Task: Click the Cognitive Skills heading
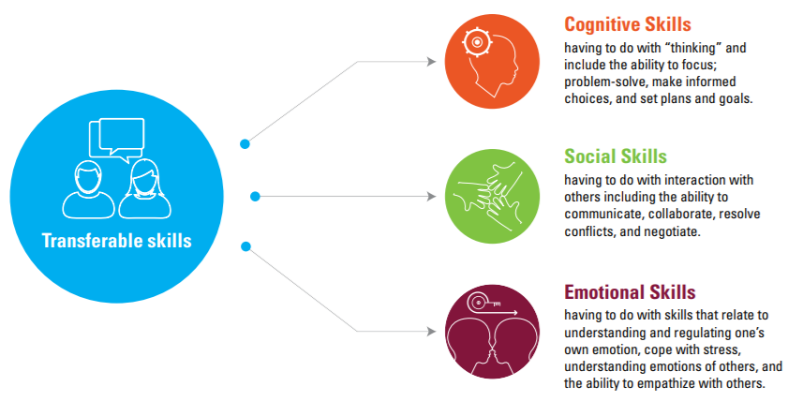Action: pyautogui.click(x=628, y=24)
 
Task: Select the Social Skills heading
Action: pyautogui.click(x=616, y=156)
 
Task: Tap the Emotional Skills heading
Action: pyautogui.click(x=630, y=292)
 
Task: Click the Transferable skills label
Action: pyautogui.click(x=117, y=241)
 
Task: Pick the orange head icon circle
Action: pyautogui.click(x=492, y=62)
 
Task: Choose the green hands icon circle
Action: pyautogui.click(x=492, y=196)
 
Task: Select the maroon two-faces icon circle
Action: pyautogui.click(x=492, y=332)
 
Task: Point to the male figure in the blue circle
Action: pyautogui.click(x=89, y=190)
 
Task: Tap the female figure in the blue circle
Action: pyautogui.click(x=145, y=189)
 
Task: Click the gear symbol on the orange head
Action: pyautogui.click(x=477, y=42)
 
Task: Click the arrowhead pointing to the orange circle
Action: pyautogui.click(x=431, y=62)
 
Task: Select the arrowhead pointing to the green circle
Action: pyautogui.click(x=431, y=196)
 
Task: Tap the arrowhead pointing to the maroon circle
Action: pyautogui.click(x=431, y=332)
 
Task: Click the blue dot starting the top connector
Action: pyautogui.click(x=245, y=144)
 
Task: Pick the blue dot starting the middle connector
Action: pyautogui.click(x=255, y=196)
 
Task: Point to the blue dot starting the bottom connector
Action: pyautogui.click(x=245, y=246)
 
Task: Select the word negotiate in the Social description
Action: pyautogui.click(x=672, y=231)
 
